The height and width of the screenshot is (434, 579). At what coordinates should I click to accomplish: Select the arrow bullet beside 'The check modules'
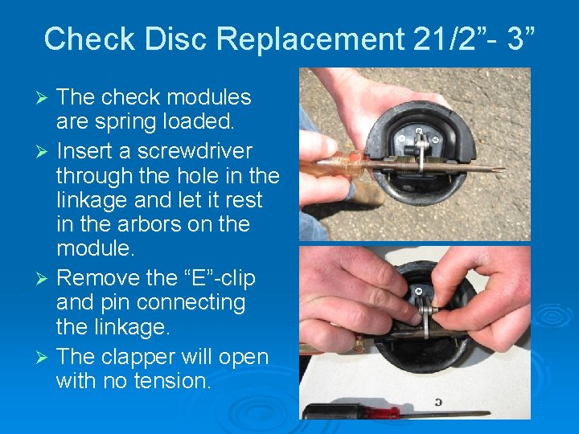(45, 98)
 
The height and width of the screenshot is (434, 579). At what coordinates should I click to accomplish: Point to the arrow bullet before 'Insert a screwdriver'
(45, 152)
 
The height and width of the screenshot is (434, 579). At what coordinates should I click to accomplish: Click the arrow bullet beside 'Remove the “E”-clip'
(45, 279)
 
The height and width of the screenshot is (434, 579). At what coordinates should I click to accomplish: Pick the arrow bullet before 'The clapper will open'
(45, 357)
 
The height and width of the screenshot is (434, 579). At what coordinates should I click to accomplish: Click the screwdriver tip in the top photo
(499, 170)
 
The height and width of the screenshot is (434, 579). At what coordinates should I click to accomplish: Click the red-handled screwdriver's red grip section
(378, 411)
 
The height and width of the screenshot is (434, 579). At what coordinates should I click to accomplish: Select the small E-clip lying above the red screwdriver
(437, 401)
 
